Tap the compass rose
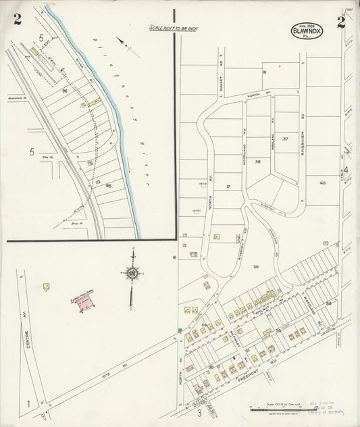click(132, 272)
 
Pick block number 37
click(285, 139)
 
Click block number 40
click(322, 182)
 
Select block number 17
click(228, 186)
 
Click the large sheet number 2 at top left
click(17, 19)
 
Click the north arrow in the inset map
click(128, 47)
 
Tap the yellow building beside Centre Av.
click(47, 287)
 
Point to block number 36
click(257, 162)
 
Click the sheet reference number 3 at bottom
click(199, 412)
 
